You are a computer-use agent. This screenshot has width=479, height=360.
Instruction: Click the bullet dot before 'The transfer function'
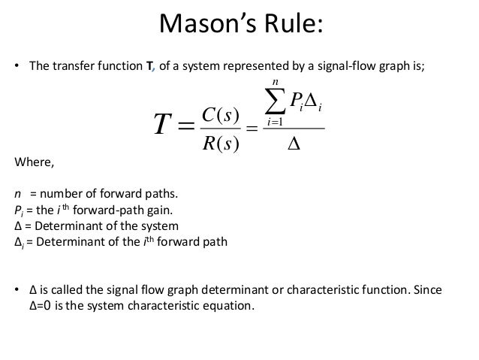(17, 65)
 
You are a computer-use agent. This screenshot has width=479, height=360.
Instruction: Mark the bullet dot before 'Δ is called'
(17, 290)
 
